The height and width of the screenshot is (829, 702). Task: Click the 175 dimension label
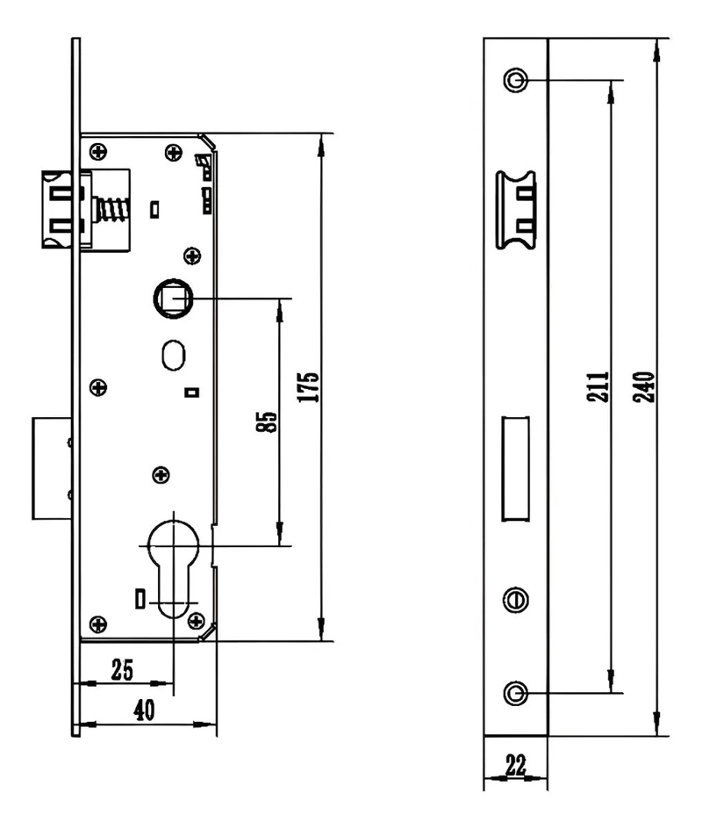click(309, 387)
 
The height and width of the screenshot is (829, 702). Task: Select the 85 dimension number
click(267, 422)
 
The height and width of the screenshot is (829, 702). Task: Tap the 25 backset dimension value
click(122, 670)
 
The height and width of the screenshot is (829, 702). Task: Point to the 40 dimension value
click(144, 710)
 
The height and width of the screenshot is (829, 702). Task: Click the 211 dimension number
click(598, 387)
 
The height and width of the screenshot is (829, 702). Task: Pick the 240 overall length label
click(644, 387)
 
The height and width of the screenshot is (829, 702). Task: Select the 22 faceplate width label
click(516, 765)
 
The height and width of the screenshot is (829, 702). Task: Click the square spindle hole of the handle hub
click(175, 299)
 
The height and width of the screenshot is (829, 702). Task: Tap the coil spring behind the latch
click(112, 209)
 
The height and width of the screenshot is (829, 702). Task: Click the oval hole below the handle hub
click(173, 356)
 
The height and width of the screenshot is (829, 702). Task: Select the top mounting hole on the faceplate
click(516, 81)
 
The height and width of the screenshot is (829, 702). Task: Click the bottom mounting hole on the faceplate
click(516, 693)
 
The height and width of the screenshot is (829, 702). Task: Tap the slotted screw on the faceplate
click(516, 600)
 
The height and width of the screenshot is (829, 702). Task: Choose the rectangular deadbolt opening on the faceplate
click(515, 468)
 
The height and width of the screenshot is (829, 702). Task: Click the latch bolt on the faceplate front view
click(516, 210)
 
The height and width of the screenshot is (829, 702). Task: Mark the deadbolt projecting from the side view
click(52, 468)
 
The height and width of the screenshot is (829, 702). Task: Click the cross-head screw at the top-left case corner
click(98, 152)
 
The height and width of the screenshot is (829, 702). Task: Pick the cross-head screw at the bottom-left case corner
click(98, 624)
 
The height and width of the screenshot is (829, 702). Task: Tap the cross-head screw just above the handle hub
click(192, 256)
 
